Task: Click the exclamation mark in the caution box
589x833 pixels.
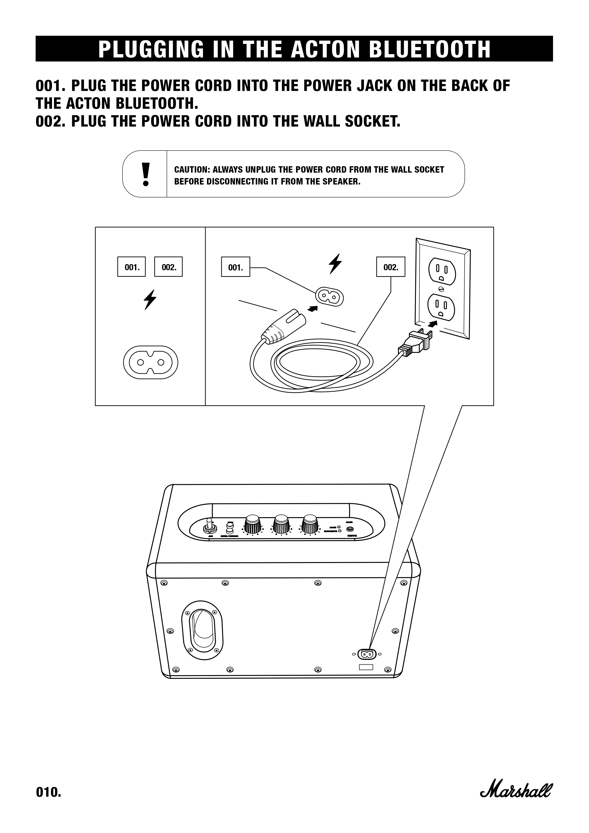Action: click(146, 174)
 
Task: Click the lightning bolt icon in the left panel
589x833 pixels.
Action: click(150, 299)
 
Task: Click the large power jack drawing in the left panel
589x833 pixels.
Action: click(151, 362)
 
